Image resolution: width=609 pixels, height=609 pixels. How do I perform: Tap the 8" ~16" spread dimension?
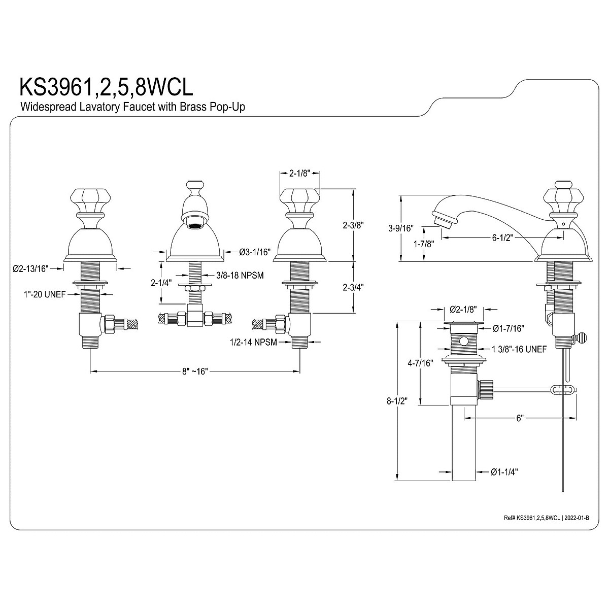pyautogui.click(x=195, y=372)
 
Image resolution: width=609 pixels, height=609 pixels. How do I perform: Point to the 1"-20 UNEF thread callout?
pyautogui.click(x=44, y=294)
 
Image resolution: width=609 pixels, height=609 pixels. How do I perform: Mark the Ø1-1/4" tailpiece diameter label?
pyautogui.click(x=504, y=471)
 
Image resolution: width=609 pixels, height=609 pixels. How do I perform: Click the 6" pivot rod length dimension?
pyautogui.click(x=519, y=418)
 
